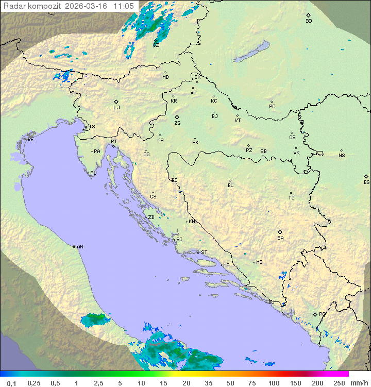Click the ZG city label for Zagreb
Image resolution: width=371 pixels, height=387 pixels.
coord(177,124)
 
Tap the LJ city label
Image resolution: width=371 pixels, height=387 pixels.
coord(116,108)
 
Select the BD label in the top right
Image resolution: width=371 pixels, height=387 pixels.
coord(309,21)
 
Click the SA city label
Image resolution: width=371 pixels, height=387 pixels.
coord(280,238)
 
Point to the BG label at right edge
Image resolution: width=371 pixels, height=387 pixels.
coord(366,182)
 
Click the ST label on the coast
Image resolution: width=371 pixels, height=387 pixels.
coord(204,253)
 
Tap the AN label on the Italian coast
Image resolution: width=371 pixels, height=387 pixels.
coord(80,247)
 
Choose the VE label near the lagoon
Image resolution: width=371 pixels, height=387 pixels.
coord(30,140)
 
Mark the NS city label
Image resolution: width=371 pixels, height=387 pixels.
coord(342,156)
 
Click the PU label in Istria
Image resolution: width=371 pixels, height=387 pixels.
coord(93,173)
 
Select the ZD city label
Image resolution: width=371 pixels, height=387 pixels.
coord(151,217)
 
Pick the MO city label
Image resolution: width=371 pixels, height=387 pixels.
coord(259,262)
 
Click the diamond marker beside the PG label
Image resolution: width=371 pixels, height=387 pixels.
coord(315,314)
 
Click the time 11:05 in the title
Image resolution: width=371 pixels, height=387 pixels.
coord(124,6)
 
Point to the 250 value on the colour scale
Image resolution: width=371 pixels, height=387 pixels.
coord(339,383)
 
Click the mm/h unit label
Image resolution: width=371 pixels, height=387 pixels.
coord(359,383)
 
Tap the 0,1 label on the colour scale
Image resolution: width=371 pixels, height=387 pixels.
coord(11,383)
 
